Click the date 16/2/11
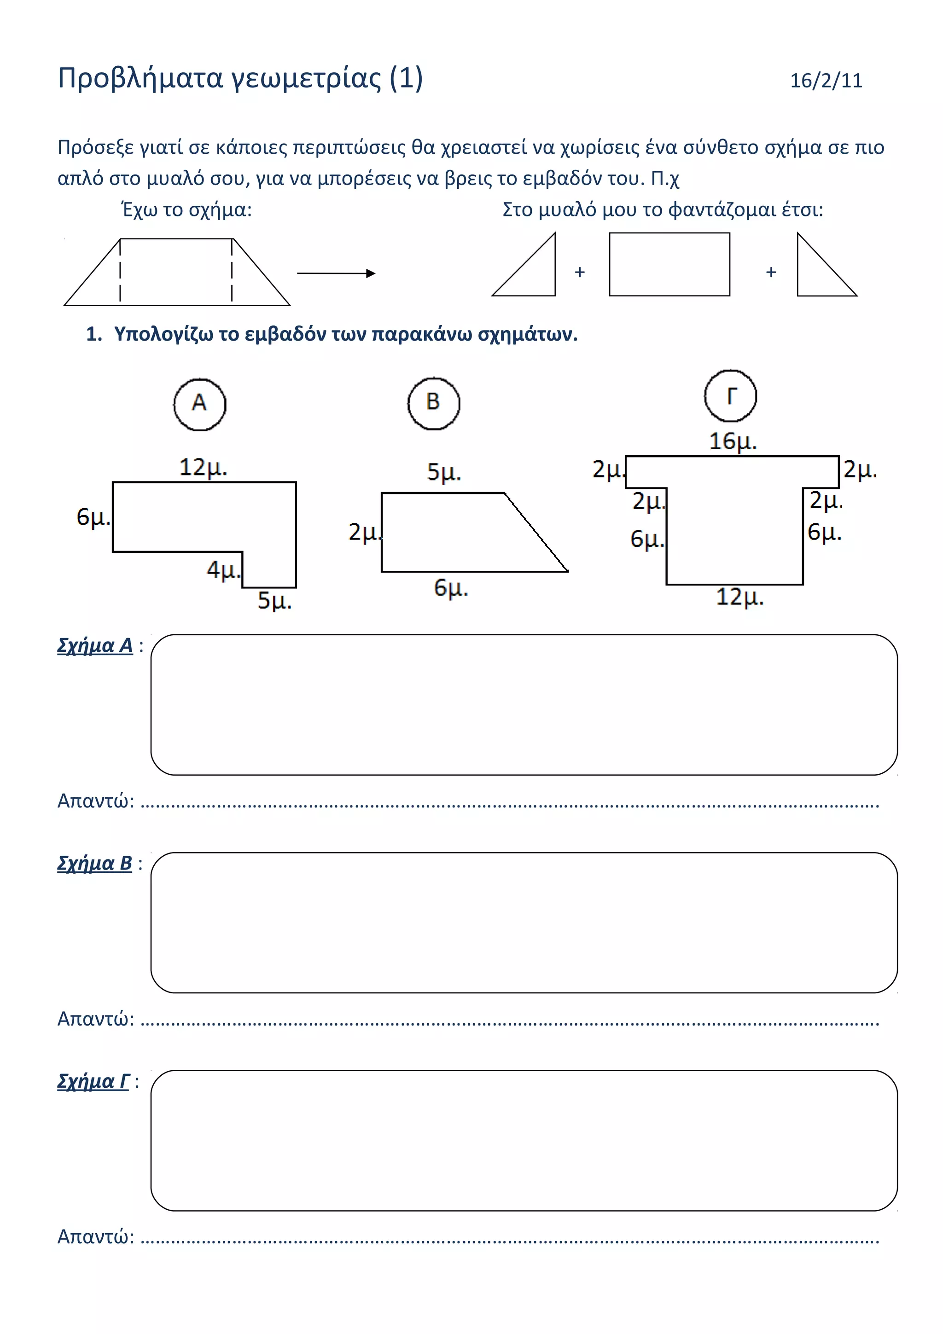[826, 80]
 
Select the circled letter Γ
[730, 396]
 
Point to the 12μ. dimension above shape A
[203, 468]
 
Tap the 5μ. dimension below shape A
[274, 600]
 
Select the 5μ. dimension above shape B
[444, 472]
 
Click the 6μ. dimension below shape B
[451, 588]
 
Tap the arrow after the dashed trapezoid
[336, 273]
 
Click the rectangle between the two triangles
[669, 264]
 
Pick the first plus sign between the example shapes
[579, 272]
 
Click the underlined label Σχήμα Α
[95, 645]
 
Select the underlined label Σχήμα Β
[95, 864]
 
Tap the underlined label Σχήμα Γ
[93, 1081]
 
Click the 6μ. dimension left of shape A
[93, 516]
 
